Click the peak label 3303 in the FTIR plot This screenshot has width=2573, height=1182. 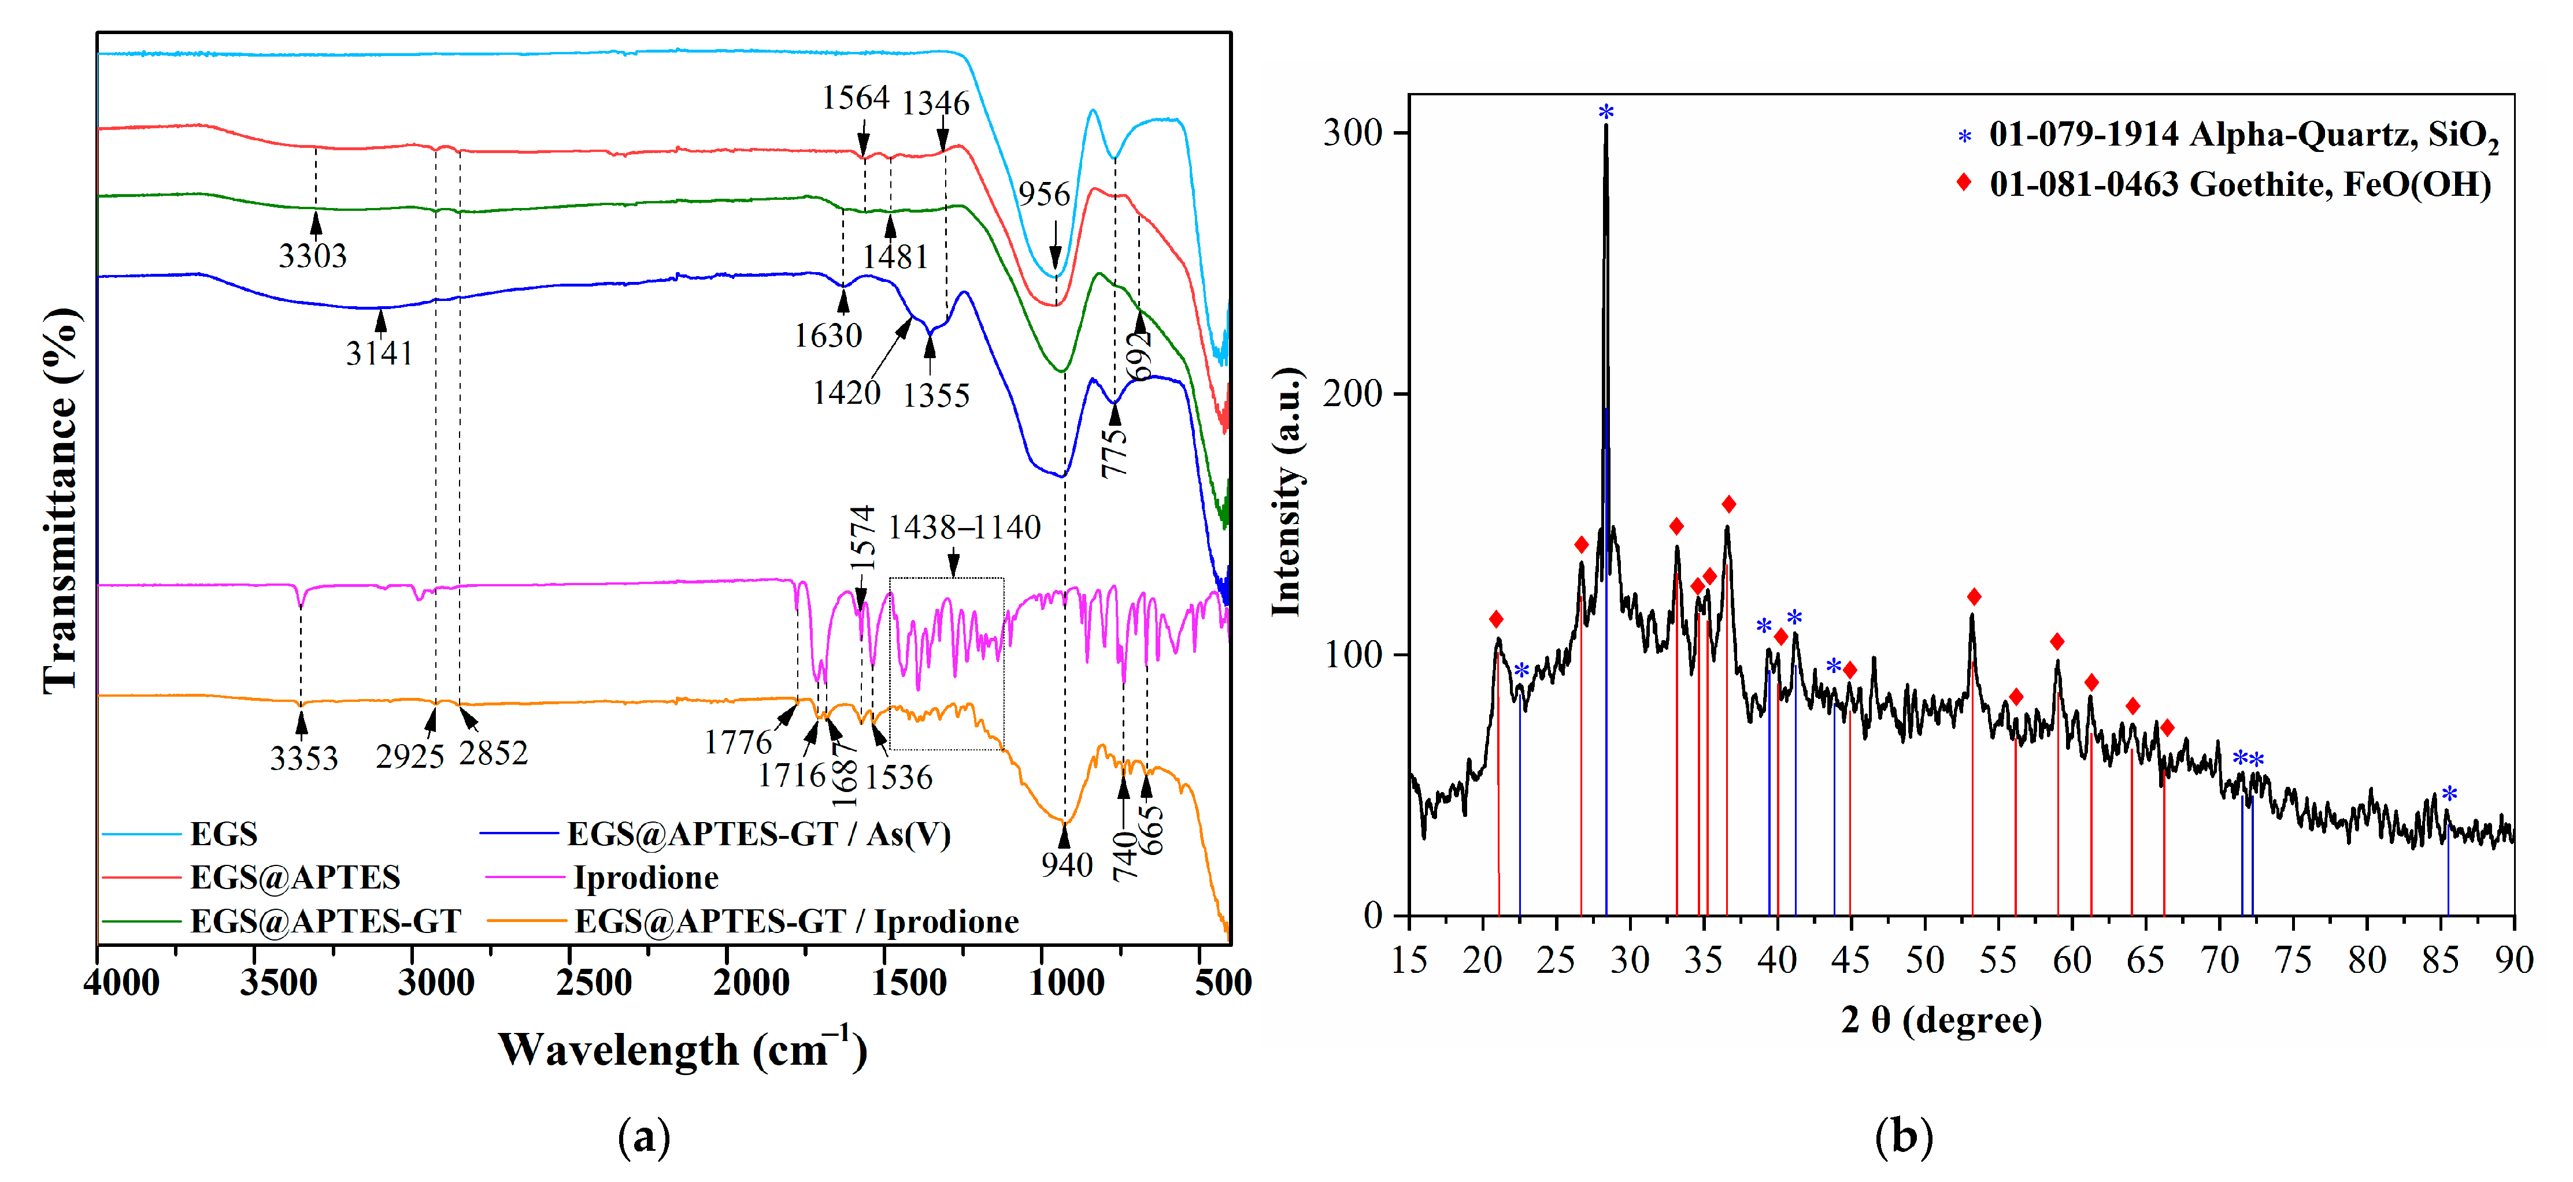[x=313, y=255]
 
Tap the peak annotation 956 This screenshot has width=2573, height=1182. [x=1044, y=194]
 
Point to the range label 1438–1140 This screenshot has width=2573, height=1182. [x=964, y=526]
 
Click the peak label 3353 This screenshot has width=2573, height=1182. [x=303, y=758]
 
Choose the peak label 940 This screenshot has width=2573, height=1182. [x=1067, y=864]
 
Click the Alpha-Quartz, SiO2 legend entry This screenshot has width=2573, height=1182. [x=2242, y=135]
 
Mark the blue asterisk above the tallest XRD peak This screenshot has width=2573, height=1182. [x=1605, y=112]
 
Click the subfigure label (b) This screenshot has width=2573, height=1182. [x=1903, y=1136]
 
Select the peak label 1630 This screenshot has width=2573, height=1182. [x=827, y=336]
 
